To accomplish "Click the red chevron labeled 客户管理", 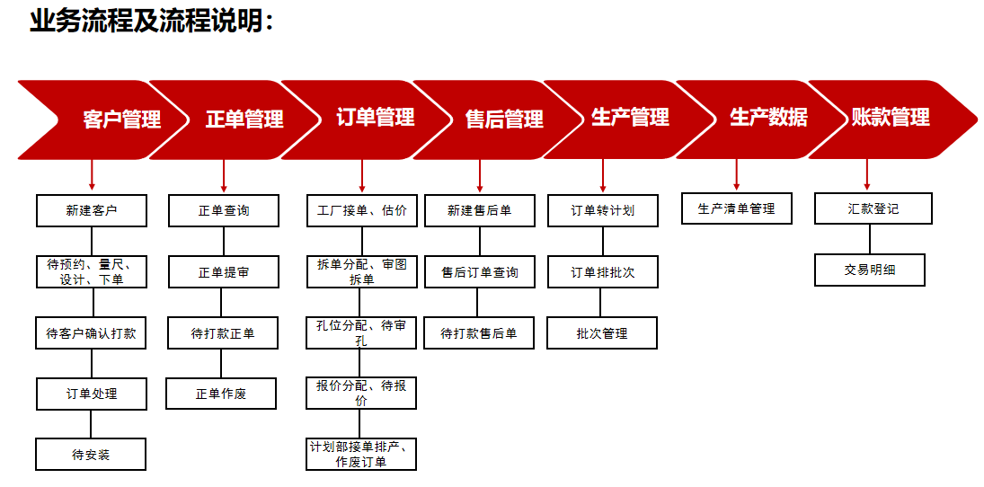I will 121,119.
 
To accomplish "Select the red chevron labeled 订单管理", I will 376,118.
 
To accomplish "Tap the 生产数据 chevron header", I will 768,118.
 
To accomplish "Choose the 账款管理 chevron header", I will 890,118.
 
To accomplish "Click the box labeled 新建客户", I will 92,211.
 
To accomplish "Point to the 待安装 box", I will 91,455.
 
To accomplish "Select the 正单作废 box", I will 221,394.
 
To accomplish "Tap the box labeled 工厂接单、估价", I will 362,211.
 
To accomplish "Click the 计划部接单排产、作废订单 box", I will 361,455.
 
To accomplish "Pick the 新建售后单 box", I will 480,211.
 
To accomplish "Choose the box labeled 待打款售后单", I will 479,333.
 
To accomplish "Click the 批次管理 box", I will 602,333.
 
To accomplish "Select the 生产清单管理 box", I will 736,208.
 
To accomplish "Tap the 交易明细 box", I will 869,270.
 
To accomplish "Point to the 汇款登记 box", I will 873,208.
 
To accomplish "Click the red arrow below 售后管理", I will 480,176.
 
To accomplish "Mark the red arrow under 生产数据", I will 736,174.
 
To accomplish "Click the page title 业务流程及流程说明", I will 151,21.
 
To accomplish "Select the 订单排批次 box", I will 602,272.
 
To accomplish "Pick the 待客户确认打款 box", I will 91,333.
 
